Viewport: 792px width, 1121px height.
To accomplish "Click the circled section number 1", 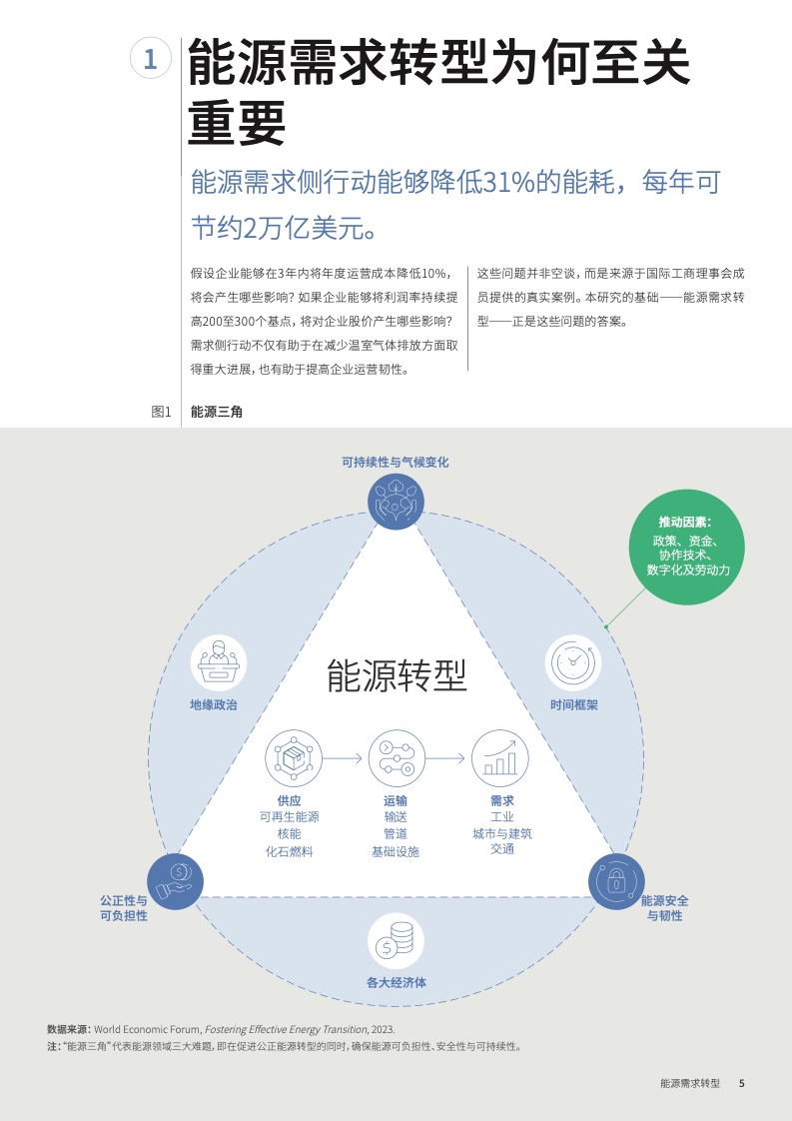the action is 151,59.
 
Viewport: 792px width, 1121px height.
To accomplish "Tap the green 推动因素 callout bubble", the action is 687,547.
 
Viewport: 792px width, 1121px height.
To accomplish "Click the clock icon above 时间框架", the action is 573,662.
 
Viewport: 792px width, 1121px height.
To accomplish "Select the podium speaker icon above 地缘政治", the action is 219,662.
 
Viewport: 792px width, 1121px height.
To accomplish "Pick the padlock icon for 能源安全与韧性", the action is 616,881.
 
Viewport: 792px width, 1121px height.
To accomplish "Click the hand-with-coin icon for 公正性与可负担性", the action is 175,881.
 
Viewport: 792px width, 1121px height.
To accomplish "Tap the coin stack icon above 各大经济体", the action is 396,941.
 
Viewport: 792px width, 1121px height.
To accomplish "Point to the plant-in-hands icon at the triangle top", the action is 396,502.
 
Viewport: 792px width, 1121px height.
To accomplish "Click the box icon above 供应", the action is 293,757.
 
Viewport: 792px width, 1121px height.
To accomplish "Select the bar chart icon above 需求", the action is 500,757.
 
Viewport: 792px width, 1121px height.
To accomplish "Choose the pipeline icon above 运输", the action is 396,757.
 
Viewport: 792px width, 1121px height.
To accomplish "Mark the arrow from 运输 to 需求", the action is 446,757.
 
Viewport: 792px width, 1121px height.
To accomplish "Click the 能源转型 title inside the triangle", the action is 396,675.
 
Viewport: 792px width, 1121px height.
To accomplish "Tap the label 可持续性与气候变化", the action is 396,462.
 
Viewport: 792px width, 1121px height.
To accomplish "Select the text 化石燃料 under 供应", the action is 290,851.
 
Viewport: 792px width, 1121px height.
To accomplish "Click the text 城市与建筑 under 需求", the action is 502,833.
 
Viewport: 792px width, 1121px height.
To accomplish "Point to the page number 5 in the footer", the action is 741,1083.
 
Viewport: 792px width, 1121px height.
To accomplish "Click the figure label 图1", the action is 162,412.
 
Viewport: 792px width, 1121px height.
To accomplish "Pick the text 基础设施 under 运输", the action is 396,851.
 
